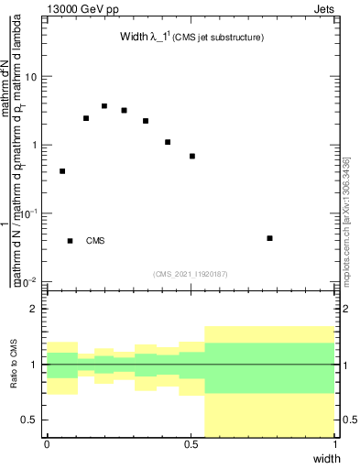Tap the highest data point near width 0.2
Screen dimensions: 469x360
tap(104, 106)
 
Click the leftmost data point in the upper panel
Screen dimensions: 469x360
tap(62, 171)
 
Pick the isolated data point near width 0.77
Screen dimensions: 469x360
tap(269, 238)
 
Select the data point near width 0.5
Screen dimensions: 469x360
tap(192, 157)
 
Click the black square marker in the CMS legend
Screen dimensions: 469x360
tap(71, 241)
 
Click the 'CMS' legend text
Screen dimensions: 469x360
tap(95, 241)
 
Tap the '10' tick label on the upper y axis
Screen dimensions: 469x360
tap(31, 77)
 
